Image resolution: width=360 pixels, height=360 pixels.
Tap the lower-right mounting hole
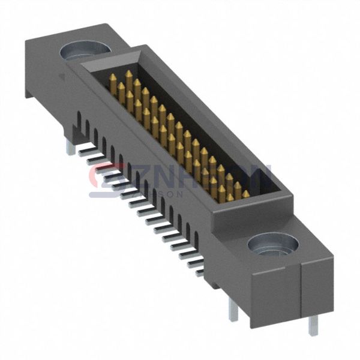(x=273, y=244)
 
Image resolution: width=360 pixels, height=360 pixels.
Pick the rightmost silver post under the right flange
(x=313, y=324)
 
